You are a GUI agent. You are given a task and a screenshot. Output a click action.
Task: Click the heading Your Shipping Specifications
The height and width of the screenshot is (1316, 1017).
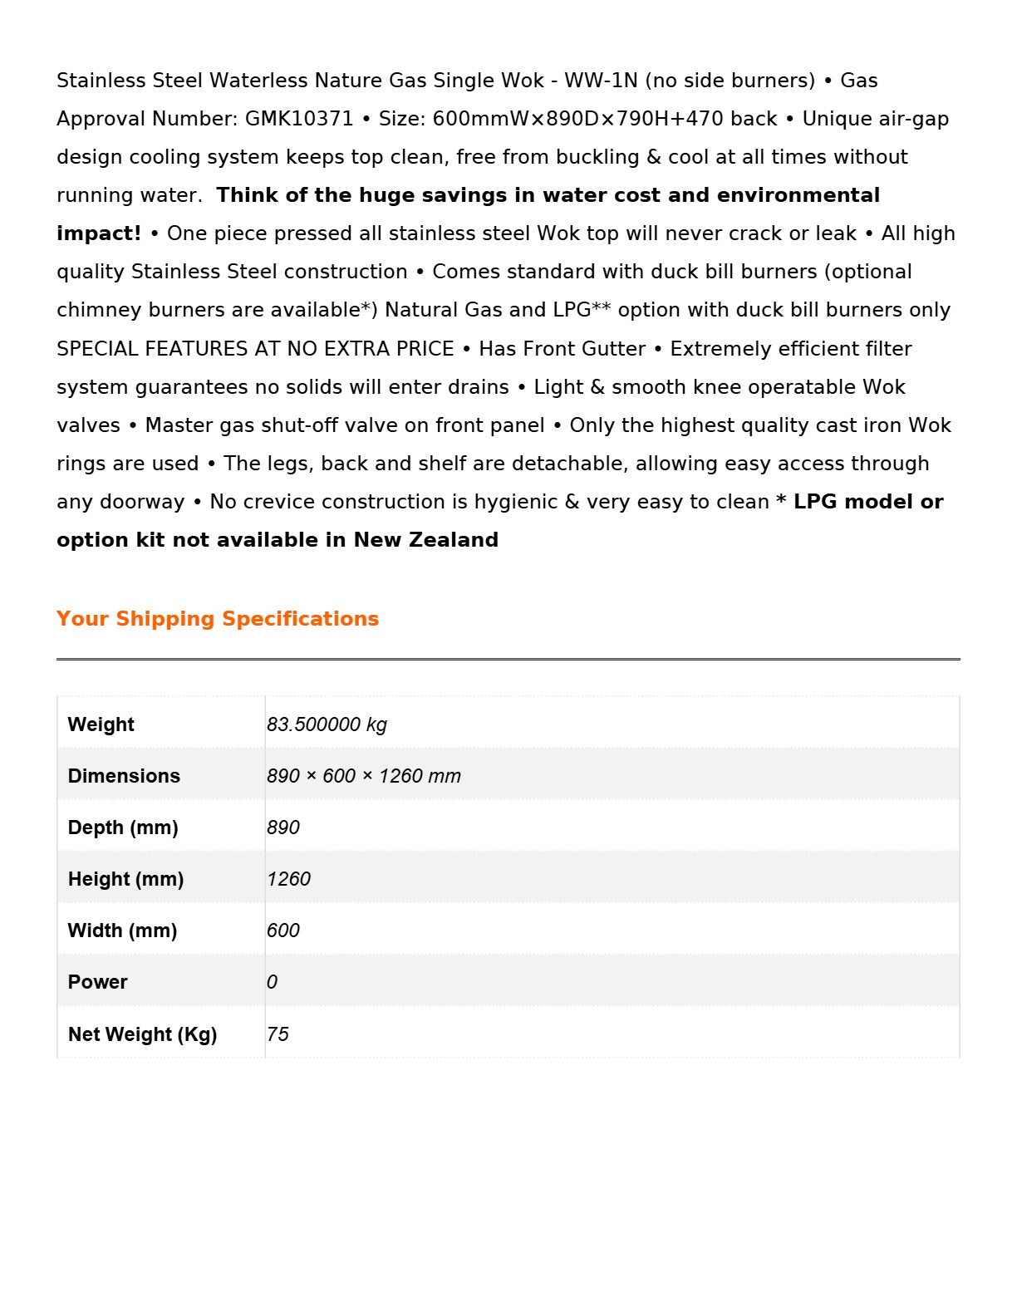(x=218, y=619)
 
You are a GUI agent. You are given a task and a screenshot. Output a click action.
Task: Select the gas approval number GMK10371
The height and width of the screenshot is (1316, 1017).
(x=299, y=119)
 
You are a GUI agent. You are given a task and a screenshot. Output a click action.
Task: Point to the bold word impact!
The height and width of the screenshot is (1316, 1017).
(x=99, y=233)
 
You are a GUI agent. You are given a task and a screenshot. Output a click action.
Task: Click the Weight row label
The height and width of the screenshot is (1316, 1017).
(x=101, y=724)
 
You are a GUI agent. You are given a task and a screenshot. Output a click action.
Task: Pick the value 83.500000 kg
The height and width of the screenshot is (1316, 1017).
(x=327, y=724)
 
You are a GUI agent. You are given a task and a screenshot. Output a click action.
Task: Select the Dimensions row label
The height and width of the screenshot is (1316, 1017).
(x=124, y=776)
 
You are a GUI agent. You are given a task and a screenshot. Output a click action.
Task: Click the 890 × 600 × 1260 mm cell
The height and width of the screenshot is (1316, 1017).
(x=363, y=776)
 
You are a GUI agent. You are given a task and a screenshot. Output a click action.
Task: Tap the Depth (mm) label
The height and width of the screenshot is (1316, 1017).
(x=123, y=827)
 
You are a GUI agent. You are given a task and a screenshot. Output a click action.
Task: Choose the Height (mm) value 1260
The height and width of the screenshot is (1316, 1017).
(x=288, y=879)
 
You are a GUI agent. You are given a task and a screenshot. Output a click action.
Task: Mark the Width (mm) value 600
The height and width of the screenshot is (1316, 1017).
(x=283, y=931)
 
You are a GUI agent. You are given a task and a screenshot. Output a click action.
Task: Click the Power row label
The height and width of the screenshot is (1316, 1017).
(x=98, y=982)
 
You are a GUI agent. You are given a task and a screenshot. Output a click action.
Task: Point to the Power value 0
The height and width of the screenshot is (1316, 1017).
(x=272, y=982)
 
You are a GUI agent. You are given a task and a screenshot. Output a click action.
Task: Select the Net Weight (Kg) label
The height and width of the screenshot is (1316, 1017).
(x=142, y=1034)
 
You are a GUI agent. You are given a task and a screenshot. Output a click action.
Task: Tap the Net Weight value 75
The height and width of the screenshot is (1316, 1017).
(x=278, y=1034)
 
